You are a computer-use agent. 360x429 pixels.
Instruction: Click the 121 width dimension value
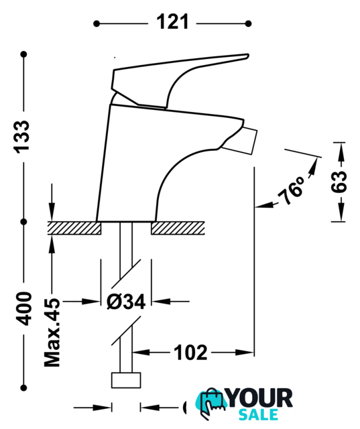click(x=172, y=22)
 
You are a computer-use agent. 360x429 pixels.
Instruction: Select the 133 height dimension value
click(x=22, y=137)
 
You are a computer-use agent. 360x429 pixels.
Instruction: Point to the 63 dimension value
click(x=339, y=182)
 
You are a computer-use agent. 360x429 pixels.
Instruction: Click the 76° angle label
click(x=291, y=190)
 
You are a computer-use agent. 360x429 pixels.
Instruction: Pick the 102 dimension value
click(x=190, y=353)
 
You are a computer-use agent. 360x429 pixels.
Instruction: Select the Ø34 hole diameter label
click(x=126, y=302)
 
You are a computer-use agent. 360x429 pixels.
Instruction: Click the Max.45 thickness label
click(x=52, y=332)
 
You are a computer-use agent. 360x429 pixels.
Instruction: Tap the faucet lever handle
click(x=180, y=80)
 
